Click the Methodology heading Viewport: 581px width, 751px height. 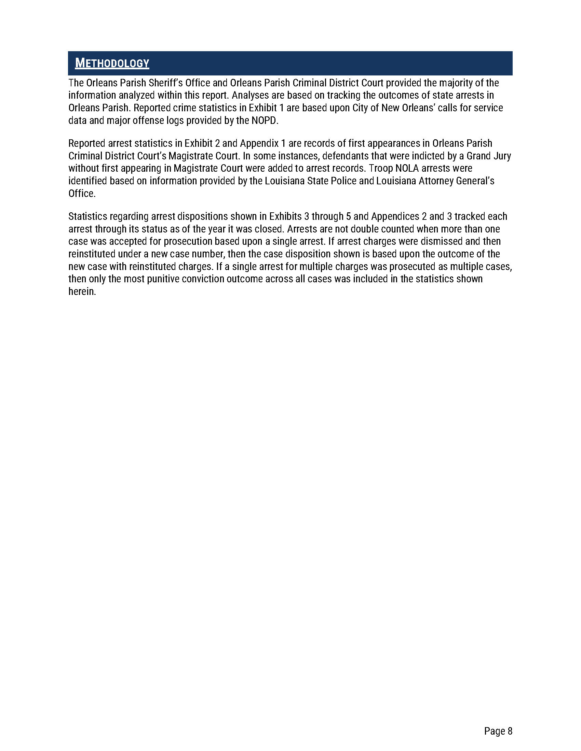112,63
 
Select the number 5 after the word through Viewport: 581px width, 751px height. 348,216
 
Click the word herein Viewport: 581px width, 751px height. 82,292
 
